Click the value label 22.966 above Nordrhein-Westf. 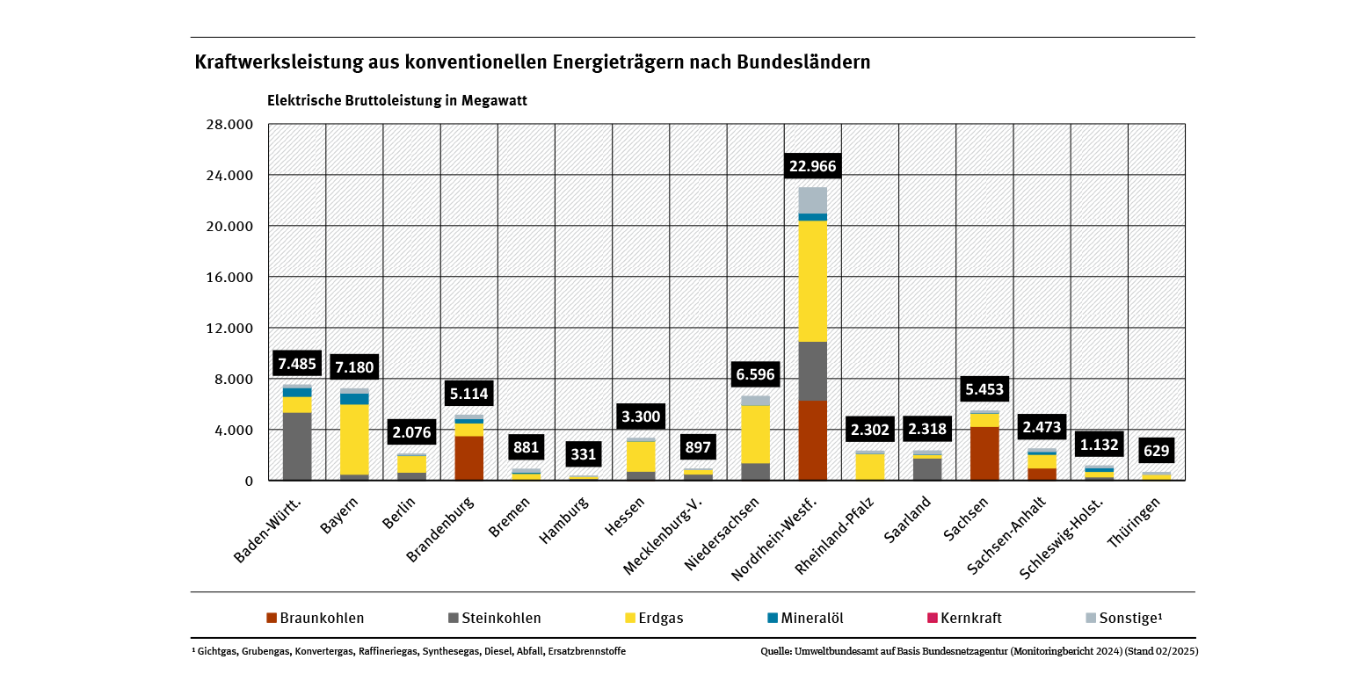pos(812,166)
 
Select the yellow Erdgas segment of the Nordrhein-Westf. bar pos(812,280)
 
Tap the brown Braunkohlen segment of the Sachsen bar pos(984,453)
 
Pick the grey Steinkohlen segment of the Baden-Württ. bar pos(297,446)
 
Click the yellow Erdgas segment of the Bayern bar pos(354,438)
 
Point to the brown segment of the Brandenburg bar pos(468,458)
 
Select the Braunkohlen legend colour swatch pos(272,618)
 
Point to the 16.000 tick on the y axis pos(231,278)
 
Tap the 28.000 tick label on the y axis pos(231,125)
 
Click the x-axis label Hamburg pos(560,522)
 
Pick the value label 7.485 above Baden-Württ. pos(296,363)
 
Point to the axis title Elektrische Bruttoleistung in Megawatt pos(396,100)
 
